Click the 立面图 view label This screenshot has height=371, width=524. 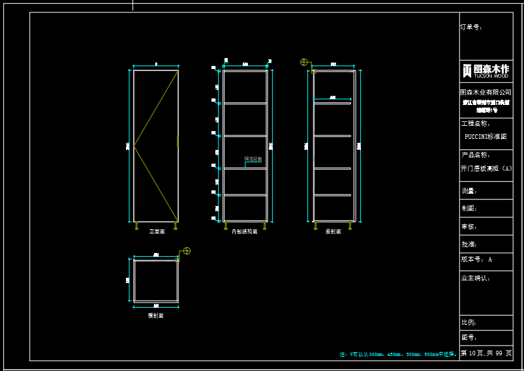coord(157,231)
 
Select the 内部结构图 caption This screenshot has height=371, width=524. coord(245,231)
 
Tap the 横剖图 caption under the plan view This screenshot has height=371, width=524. coord(155,316)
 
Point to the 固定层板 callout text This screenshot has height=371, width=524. coord(253,158)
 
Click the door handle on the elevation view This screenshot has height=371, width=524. coord(177,141)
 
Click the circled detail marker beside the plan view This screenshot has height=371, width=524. coord(187,251)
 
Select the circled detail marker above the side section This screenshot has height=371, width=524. coord(303,62)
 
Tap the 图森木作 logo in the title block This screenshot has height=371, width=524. coord(485,70)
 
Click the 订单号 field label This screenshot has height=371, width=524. coord(471,27)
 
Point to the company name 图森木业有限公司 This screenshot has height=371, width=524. coord(485,93)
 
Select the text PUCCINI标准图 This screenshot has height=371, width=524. coord(485,137)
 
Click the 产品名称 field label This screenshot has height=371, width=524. coord(475,155)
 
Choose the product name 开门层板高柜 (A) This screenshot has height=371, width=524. coord(486,168)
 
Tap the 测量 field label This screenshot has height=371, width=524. coord(469,191)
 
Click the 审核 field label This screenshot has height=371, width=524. coord(469,226)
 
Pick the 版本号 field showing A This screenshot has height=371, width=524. coord(476,260)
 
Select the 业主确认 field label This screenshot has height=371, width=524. coord(475,278)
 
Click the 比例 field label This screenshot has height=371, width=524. coord(469,322)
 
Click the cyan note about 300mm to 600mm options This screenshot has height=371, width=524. coord(397,354)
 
